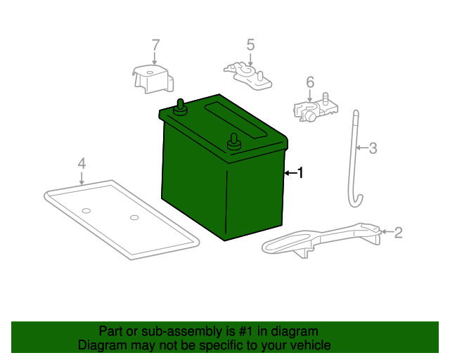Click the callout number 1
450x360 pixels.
300,172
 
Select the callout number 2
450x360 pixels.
398,232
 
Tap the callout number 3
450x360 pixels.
373,148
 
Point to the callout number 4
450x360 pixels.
82,163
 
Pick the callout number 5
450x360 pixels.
250,44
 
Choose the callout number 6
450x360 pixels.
310,82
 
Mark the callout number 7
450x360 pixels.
155,45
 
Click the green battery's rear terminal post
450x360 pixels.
181,106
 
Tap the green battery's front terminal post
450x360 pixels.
233,141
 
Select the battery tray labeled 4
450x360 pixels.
120,218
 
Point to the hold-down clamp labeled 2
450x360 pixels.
320,238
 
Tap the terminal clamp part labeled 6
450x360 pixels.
313,109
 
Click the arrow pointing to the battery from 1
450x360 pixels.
289,172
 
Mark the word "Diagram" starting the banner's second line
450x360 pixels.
101,345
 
